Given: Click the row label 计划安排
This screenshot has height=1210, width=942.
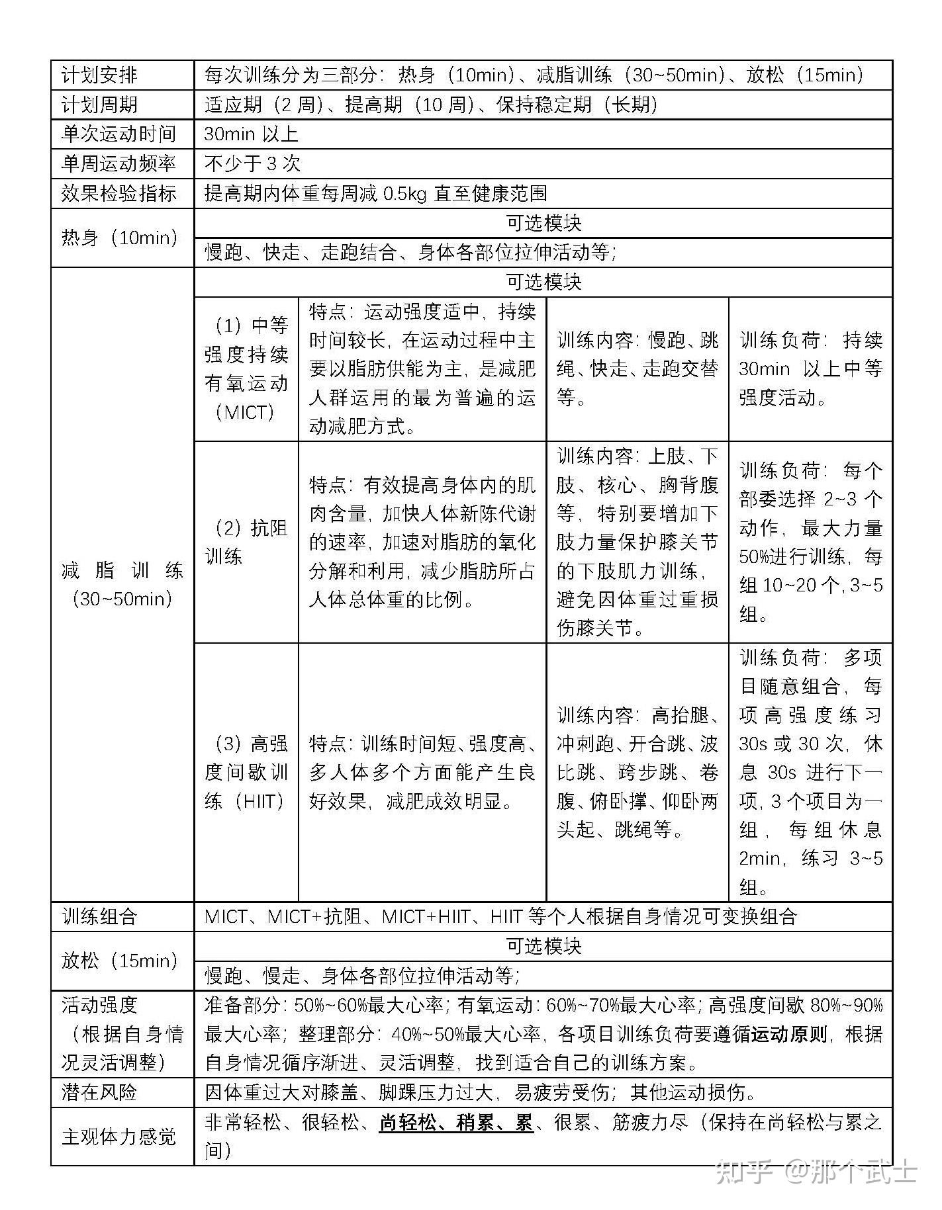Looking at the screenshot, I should point(99,75).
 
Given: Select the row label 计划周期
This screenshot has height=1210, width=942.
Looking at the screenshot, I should point(99,105).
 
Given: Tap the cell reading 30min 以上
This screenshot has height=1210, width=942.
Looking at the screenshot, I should point(252,134).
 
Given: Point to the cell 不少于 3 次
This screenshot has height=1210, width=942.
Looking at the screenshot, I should point(253,163).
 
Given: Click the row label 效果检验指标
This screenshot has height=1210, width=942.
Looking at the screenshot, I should point(119,193).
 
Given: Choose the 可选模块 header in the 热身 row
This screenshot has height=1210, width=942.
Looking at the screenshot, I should point(543,223).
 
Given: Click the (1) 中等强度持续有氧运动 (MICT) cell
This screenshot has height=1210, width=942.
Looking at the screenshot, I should point(246,369).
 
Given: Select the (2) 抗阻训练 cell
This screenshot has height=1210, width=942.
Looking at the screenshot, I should point(246,542).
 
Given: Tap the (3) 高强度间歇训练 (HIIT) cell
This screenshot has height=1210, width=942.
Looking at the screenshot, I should point(246,772).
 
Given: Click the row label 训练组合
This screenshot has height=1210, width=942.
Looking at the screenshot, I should point(99,916).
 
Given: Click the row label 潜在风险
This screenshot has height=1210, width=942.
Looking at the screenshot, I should point(99,1092).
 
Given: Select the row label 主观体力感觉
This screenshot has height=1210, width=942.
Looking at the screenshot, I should point(119,1137).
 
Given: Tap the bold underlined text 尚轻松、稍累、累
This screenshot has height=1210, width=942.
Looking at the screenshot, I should point(456,1123).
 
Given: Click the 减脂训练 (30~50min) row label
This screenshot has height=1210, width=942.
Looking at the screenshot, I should point(122,584).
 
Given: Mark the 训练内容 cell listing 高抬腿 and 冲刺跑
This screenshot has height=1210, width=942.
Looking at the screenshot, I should point(637,772).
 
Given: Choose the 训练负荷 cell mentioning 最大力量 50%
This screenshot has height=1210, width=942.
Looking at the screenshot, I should point(811,542).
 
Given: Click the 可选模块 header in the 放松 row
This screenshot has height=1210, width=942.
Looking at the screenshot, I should point(543,946).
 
